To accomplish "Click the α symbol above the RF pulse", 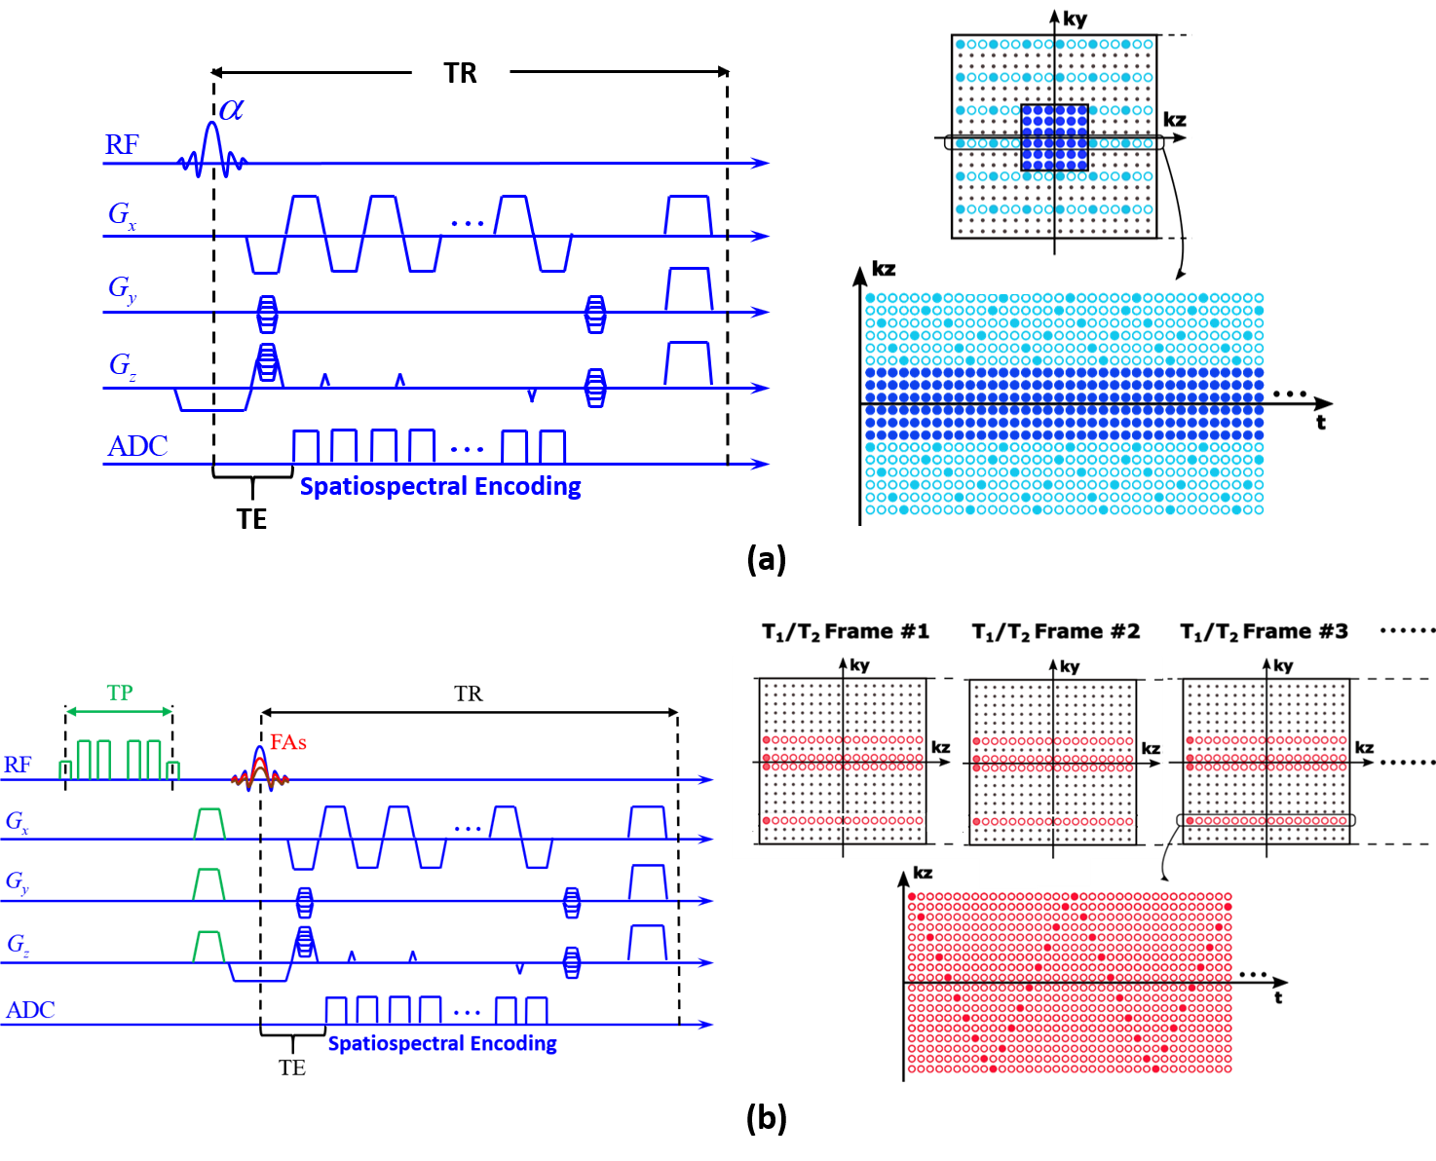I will point(231,110).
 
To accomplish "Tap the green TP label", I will point(120,693).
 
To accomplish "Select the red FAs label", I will point(288,742).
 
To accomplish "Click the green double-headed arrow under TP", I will point(119,712).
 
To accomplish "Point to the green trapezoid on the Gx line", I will point(209,823).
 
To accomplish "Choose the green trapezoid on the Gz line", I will point(209,947).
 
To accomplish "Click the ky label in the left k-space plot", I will point(859,666).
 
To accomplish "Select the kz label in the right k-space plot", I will point(1151,749).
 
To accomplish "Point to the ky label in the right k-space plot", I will point(1070,667).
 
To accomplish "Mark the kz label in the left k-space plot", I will point(940,748).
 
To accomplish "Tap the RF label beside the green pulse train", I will point(19,766).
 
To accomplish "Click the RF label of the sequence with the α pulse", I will point(123,145).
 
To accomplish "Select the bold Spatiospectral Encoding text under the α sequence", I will point(440,486).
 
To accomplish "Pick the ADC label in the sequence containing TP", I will point(31,1010).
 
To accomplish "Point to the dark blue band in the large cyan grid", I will point(1064,404).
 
